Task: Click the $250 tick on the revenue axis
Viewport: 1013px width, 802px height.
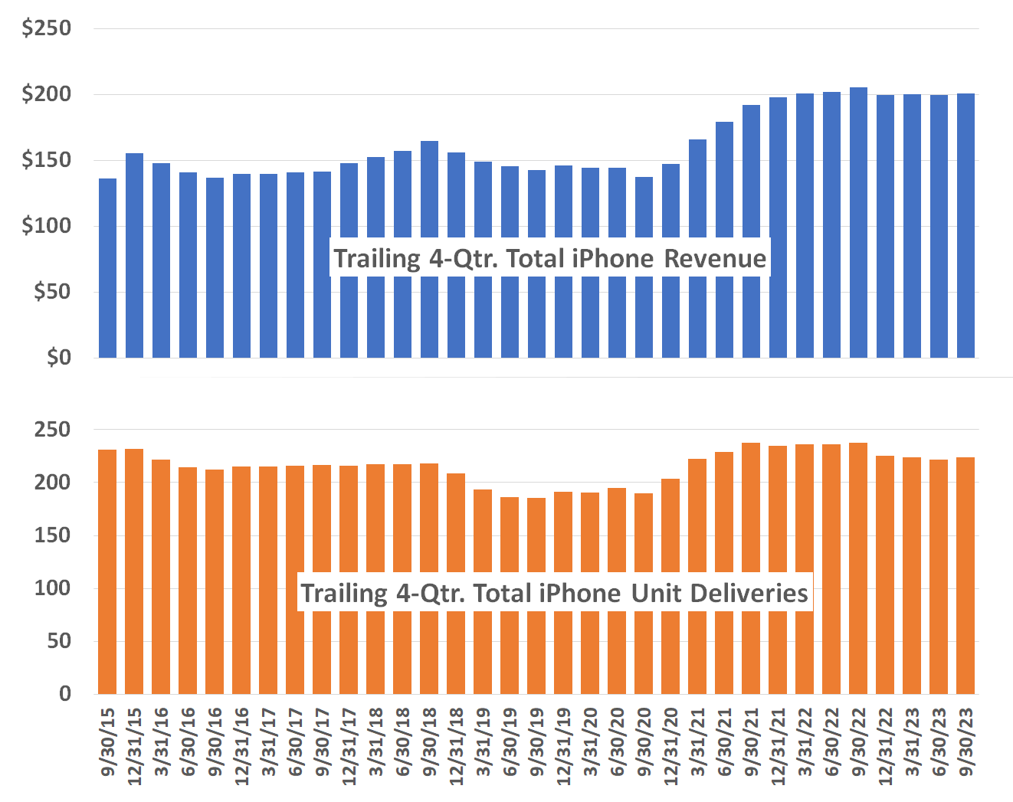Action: (46, 28)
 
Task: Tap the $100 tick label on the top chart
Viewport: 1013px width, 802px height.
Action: (46, 226)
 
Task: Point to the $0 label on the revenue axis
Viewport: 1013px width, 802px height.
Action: (58, 357)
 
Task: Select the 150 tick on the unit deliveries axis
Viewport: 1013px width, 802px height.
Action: (52, 535)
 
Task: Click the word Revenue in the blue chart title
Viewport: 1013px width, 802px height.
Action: (714, 259)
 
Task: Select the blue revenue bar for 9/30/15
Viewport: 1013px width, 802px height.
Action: (107, 268)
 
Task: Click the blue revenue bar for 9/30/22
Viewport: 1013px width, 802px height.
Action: (858, 222)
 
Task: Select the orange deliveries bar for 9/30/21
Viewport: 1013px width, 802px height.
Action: (751, 567)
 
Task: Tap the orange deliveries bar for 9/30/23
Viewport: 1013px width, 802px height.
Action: (965, 574)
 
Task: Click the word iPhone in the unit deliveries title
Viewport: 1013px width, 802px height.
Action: (579, 594)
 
